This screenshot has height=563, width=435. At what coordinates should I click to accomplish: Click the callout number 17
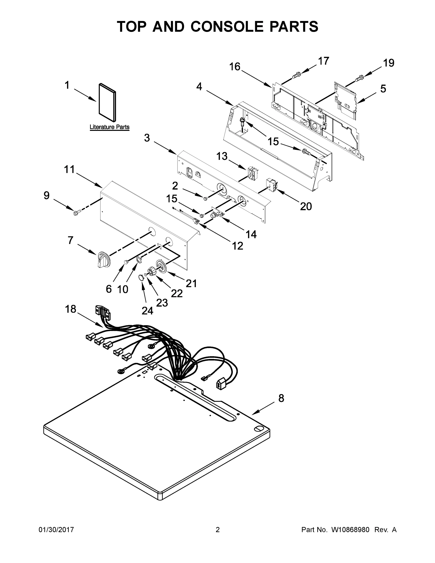[323, 61]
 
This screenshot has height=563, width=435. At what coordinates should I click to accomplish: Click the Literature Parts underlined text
[110, 127]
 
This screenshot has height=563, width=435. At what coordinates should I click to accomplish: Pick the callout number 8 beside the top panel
[281, 398]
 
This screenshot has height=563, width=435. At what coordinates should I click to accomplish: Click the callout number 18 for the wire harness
[70, 309]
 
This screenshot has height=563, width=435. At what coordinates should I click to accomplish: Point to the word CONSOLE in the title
[228, 27]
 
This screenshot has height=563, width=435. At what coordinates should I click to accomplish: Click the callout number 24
[147, 311]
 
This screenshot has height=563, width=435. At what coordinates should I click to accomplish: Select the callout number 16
[235, 67]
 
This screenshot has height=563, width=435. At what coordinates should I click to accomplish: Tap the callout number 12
[237, 246]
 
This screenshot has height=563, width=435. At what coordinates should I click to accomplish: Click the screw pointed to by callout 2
[205, 198]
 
